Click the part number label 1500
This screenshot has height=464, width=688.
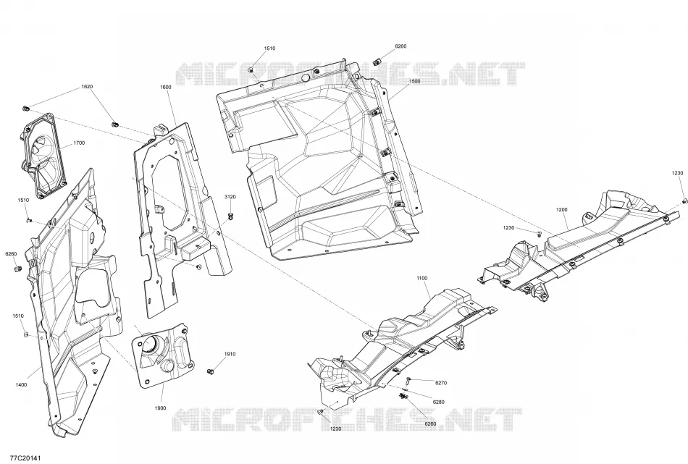(x=414, y=81)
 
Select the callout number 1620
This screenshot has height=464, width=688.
(x=87, y=86)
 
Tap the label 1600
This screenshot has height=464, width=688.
(x=165, y=87)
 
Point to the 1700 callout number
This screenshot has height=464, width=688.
(x=79, y=143)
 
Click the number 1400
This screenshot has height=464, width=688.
(x=21, y=385)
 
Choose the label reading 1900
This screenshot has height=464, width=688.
(x=160, y=408)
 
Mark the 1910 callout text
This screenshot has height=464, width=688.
(x=230, y=354)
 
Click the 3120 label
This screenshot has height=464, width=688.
(x=230, y=196)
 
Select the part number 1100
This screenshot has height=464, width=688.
(x=421, y=278)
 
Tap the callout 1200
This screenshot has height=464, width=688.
(x=562, y=210)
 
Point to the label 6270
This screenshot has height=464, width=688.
(x=441, y=383)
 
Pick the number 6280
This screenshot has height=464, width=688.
(x=438, y=402)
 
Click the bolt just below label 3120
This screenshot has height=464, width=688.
(x=231, y=215)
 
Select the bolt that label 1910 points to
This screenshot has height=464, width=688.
(x=211, y=371)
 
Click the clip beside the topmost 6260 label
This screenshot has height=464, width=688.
(x=377, y=59)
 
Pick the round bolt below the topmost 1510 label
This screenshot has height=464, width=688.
(x=251, y=69)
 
